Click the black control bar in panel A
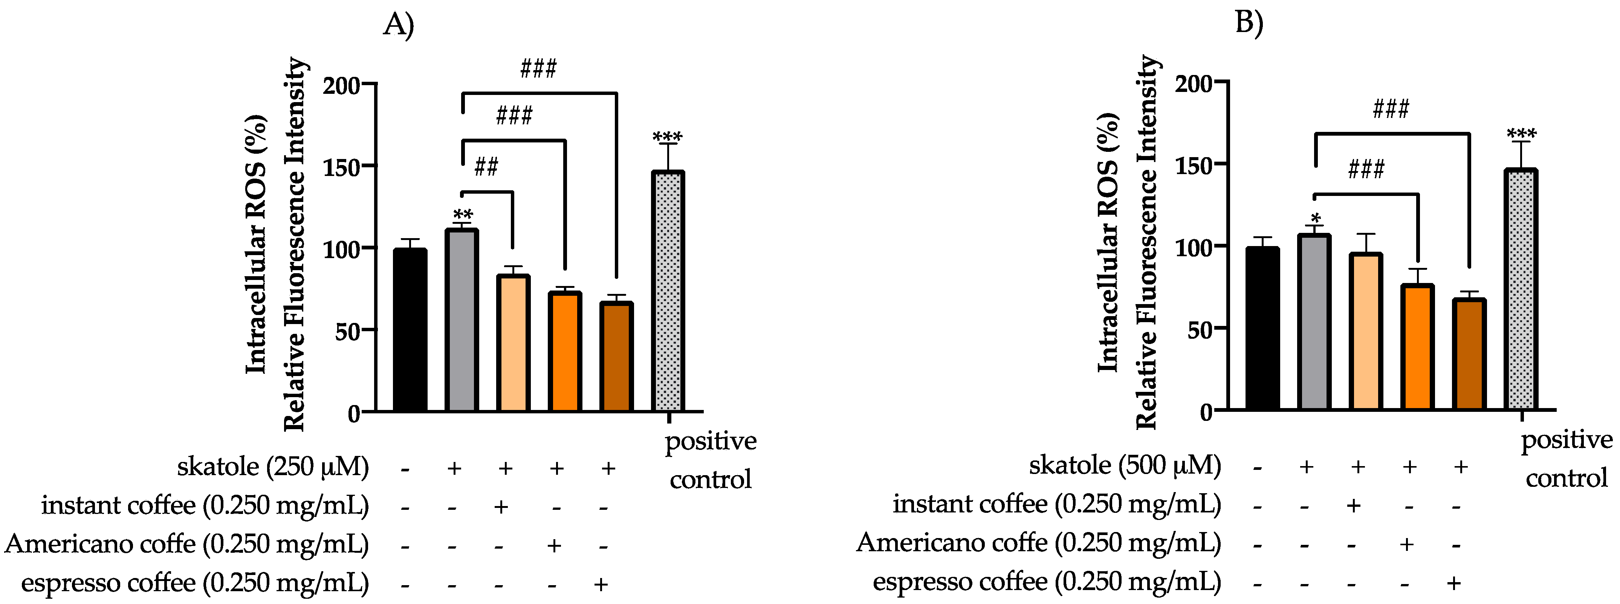pos(410,330)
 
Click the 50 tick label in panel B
pos(1200,329)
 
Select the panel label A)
pos(399,25)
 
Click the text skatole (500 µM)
pos(1125,466)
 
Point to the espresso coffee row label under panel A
pos(195,583)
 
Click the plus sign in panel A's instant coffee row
pos(501,506)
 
